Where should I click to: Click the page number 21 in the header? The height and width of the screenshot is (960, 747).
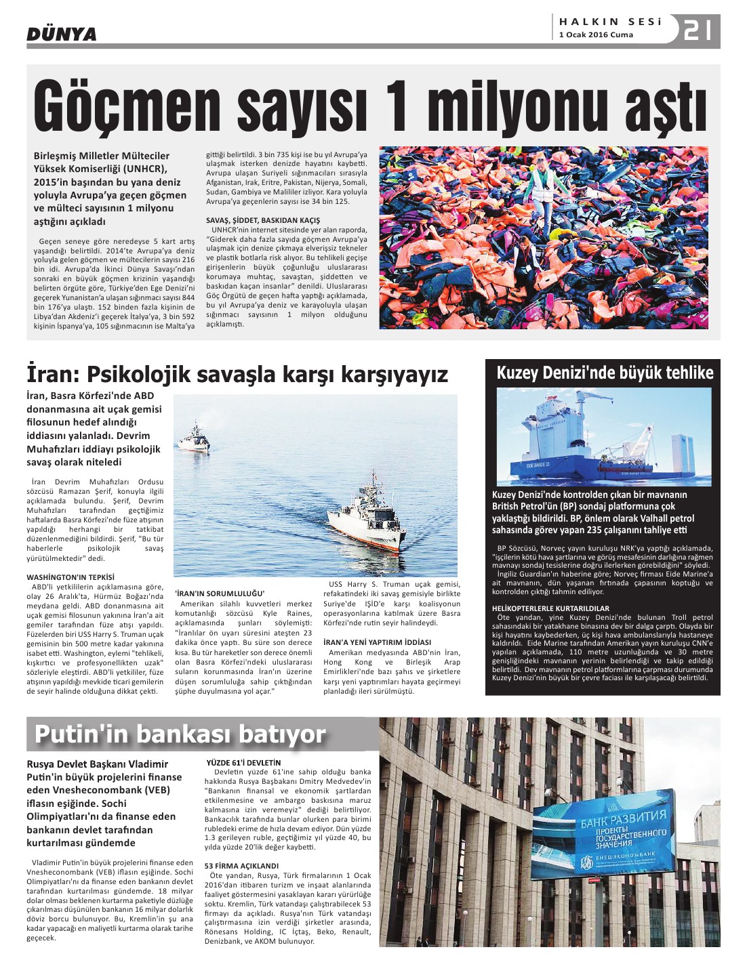698,30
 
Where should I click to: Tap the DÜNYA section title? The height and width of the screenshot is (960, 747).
62,34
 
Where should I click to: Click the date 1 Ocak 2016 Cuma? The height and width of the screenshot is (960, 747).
596,35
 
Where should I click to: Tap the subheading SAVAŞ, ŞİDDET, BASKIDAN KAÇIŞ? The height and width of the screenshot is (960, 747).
263,220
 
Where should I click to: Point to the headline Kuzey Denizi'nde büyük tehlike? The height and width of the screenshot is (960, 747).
605,373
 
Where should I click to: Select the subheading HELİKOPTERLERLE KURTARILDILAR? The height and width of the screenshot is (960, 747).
550,608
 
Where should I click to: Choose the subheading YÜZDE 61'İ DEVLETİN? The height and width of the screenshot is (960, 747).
243,763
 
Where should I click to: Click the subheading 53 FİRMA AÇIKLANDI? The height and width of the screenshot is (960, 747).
241,866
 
